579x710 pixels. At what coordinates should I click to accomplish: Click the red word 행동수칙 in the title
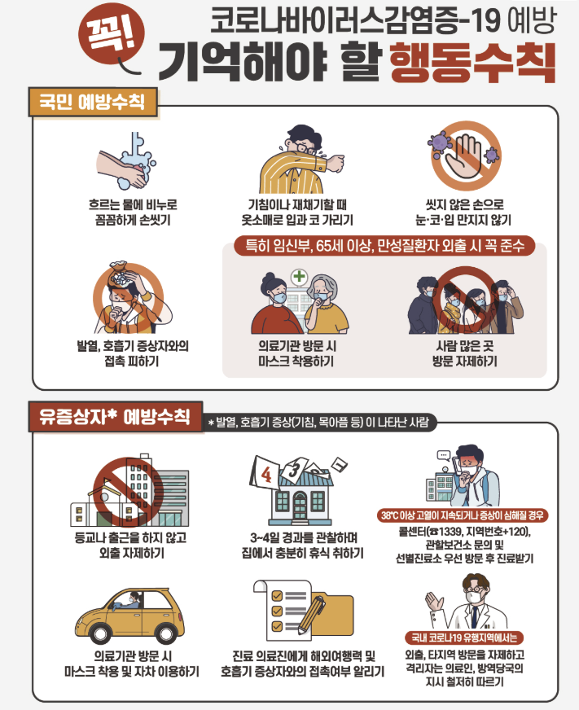tap(472, 63)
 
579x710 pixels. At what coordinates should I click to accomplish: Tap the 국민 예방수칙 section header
tap(93, 102)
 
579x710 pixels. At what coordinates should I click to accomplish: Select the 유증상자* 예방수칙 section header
tap(115, 416)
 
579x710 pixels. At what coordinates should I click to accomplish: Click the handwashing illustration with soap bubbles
tap(127, 161)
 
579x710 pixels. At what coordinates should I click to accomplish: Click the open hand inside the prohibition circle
tap(463, 158)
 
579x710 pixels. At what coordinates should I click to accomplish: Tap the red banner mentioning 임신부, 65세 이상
tap(384, 246)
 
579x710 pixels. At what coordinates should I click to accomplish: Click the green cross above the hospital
tap(299, 276)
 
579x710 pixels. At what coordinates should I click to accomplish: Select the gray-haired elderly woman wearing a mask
tap(325, 304)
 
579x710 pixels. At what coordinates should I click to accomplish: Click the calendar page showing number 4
tap(265, 472)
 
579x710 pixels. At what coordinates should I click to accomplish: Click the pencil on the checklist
tap(312, 616)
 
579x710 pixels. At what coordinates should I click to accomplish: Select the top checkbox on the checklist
tap(277, 595)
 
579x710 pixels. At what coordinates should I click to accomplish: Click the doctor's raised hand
tap(435, 603)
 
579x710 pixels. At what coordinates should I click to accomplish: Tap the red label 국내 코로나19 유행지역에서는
tap(464, 638)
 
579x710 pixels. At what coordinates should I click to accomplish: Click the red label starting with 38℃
tap(463, 515)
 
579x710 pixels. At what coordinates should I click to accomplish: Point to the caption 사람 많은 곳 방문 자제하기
tap(465, 353)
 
